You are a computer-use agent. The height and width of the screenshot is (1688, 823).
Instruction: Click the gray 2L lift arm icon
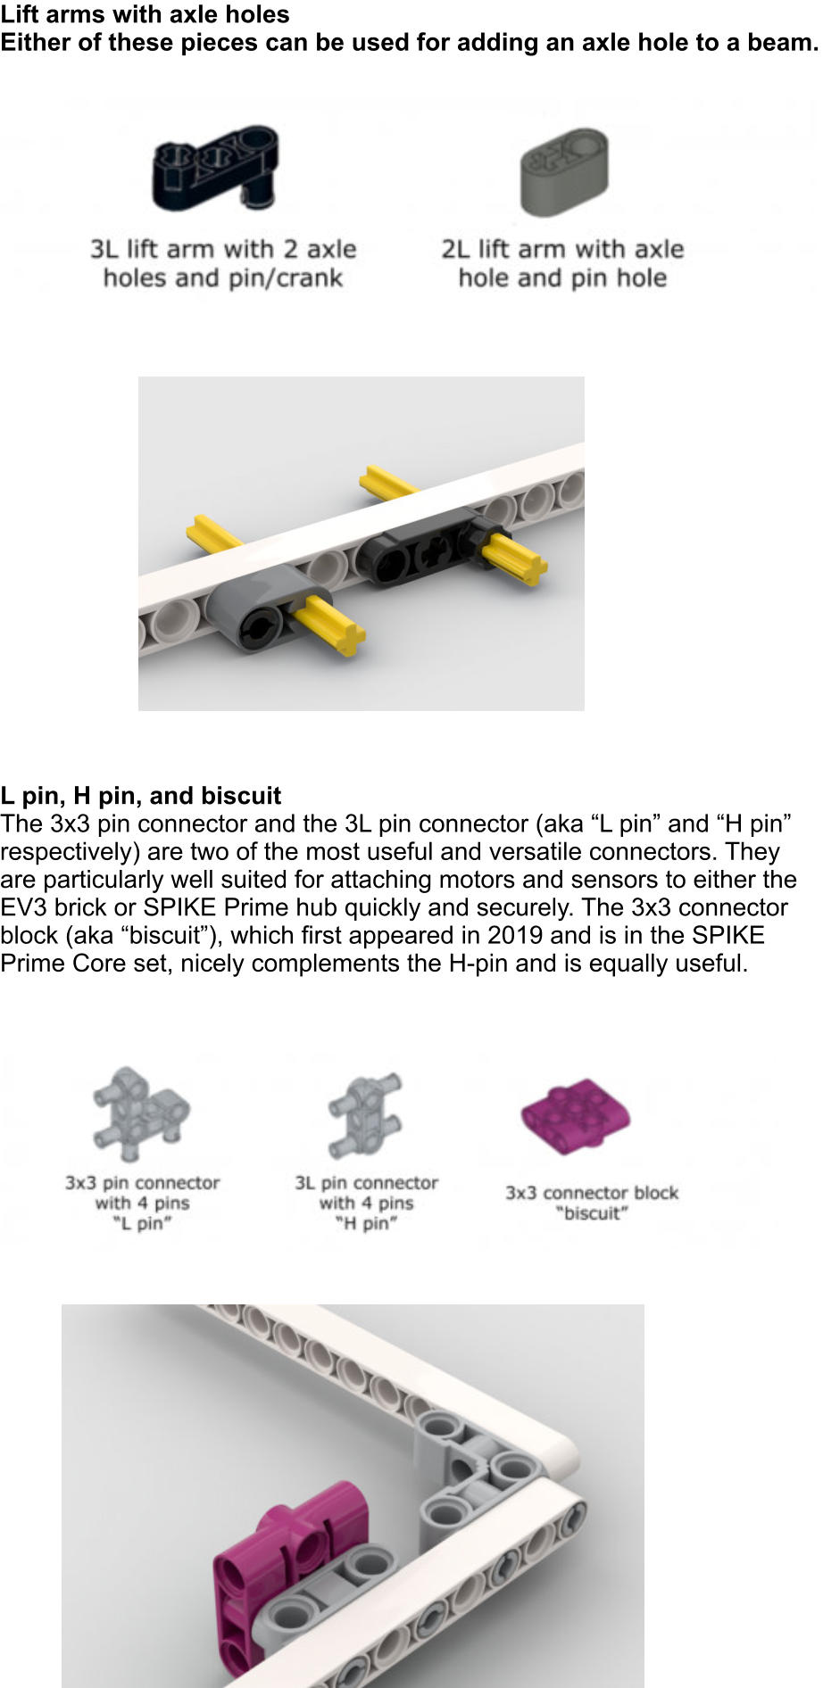pos(564,171)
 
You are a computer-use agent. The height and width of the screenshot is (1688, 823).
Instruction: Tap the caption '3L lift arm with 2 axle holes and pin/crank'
pos(223,263)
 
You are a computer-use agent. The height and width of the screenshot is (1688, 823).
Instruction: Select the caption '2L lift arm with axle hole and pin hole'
pos(562,263)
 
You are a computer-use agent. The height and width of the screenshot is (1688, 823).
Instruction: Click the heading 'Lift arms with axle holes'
pos(145,14)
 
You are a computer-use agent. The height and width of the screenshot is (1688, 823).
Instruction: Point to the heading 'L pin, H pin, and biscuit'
pos(141,795)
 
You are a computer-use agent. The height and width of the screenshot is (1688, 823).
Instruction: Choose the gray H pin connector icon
pos(365,1114)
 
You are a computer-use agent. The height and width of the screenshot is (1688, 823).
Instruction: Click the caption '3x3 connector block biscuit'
pos(592,1203)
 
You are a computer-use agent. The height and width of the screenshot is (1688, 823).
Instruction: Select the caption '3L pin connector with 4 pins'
pos(367,1203)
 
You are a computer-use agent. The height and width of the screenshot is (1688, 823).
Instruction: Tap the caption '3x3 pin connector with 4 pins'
pos(142,1203)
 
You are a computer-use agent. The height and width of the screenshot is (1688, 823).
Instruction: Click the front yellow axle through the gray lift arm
pos(329,625)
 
